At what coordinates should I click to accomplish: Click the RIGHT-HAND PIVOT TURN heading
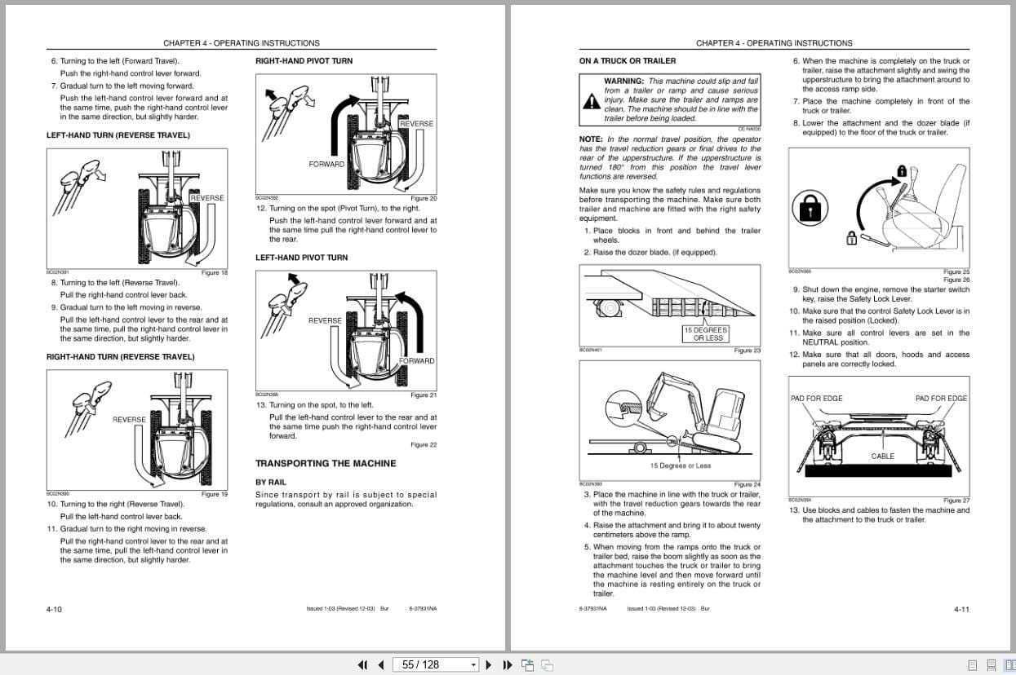(x=304, y=61)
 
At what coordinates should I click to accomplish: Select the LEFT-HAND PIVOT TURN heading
(x=301, y=258)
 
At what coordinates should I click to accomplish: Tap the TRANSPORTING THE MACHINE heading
(x=326, y=463)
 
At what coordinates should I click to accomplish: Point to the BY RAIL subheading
(x=271, y=483)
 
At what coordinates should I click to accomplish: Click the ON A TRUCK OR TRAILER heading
(x=627, y=61)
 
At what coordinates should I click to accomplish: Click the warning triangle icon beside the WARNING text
(x=591, y=101)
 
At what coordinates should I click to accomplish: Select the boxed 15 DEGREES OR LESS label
(x=707, y=334)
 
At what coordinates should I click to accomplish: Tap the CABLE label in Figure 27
(x=882, y=457)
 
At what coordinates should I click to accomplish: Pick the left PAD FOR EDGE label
(x=816, y=399)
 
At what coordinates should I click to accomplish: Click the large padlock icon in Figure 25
(x=810, y=210)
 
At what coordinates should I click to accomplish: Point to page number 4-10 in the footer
(x=54, y=609)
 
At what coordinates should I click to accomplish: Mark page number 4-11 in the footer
(x=961, y=609)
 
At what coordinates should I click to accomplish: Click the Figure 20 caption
(x=423, y=198)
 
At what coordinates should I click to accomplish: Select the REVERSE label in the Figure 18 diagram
(x=206, y=198)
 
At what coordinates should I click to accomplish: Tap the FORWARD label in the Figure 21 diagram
(x=416, y=361)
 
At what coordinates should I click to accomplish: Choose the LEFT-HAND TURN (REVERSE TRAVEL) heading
(x=118, y=135)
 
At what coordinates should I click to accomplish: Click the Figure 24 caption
(x=747, y=484)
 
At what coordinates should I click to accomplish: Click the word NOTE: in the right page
(x=592, y=139)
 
